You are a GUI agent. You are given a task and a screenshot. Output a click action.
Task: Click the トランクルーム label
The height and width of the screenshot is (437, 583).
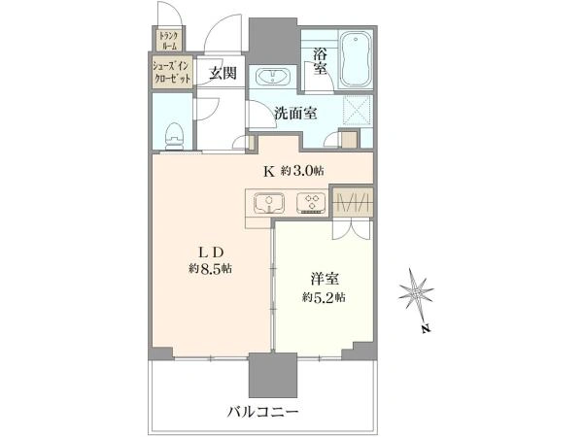coord(168,41)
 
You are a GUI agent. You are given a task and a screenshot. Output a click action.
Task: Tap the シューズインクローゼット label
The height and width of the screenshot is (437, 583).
coord(172,72)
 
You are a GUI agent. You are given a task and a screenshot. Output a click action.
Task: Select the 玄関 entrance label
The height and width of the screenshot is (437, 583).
coord(222,73)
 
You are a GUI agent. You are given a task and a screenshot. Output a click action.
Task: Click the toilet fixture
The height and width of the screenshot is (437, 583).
coord(174,136)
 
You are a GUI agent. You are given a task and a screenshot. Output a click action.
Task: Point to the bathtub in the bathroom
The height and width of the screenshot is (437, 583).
coord(356,59)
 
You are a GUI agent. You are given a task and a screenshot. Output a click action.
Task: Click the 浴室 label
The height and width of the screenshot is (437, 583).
coord(320,62)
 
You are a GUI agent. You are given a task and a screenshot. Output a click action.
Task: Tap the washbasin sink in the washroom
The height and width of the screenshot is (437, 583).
coord(272,78)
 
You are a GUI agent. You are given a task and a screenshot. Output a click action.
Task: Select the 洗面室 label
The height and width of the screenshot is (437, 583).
coord(295,113)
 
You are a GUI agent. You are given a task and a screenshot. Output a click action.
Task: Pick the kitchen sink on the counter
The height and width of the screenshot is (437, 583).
coord(269,203)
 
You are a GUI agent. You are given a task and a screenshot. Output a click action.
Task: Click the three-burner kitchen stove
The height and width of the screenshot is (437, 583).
coord(311,203)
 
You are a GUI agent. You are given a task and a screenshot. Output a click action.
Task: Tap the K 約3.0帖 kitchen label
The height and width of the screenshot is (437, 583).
coord(293,171)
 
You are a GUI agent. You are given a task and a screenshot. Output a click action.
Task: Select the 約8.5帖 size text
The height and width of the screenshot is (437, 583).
coord(211,269)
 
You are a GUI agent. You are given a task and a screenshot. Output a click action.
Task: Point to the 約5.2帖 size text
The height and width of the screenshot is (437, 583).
coord(324,297)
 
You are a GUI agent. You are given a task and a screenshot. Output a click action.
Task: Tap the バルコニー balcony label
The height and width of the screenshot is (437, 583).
coord(262,412)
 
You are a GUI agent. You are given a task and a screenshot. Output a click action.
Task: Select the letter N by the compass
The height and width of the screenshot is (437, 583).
coord(427,329)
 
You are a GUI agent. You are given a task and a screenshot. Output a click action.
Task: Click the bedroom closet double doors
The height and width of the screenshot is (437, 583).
coord(352,229)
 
